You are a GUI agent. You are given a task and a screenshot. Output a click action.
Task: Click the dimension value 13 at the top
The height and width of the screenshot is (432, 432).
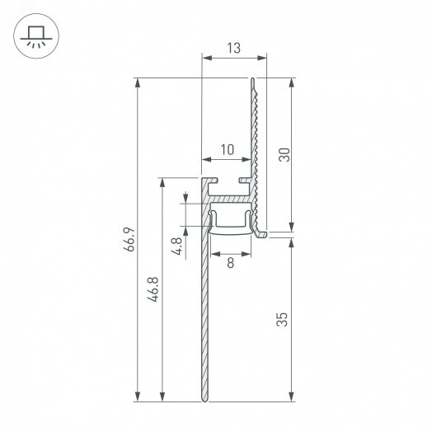235,48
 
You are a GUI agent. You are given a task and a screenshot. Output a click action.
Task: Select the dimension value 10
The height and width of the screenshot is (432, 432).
227,149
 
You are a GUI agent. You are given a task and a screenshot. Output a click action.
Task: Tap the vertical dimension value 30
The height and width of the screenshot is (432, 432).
283,155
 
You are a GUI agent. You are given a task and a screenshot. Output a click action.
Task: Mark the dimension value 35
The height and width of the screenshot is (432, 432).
283,320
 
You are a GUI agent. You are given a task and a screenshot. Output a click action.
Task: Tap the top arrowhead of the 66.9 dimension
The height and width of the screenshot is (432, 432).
139,83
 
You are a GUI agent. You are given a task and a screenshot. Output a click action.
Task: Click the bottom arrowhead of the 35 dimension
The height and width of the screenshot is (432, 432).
291,397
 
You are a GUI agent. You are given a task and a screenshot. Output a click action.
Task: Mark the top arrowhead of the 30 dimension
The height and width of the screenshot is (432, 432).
291,83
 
